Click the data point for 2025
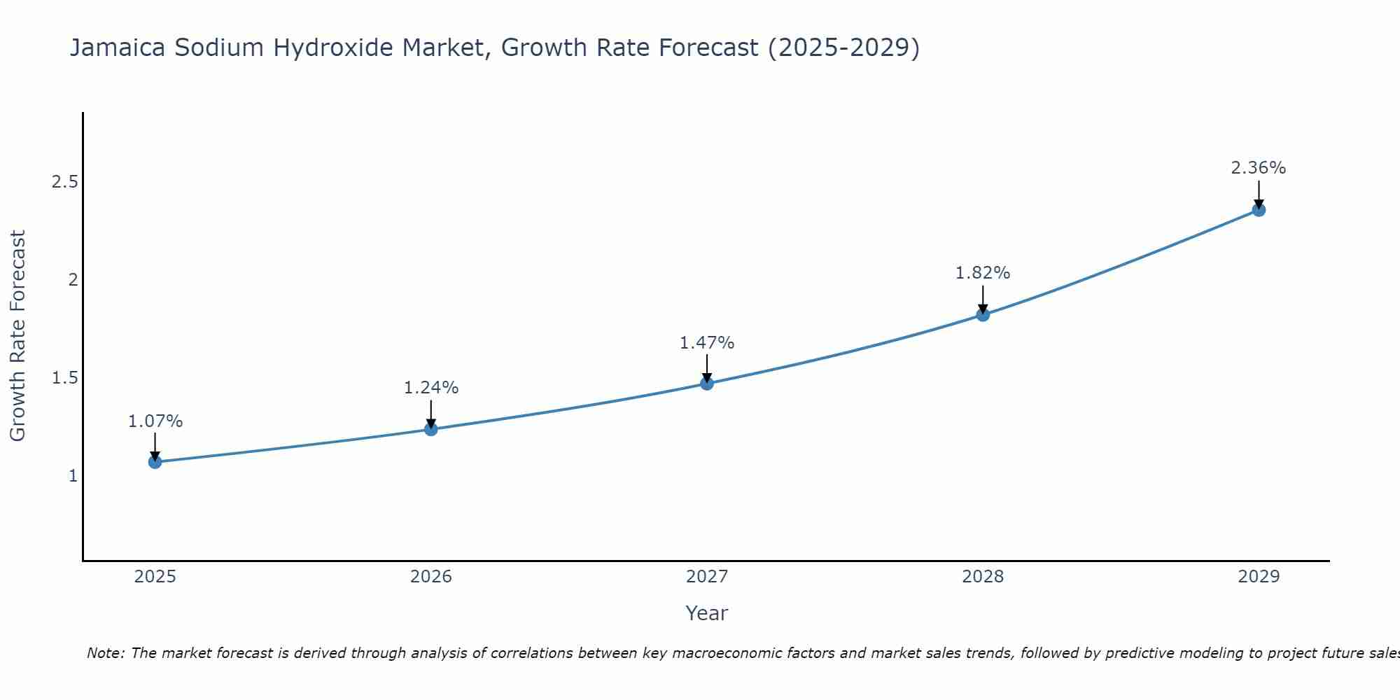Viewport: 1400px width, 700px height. click(155, 462)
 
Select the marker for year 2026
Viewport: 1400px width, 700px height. click(430, 429)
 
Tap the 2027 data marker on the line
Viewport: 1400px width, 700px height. click(706, 383)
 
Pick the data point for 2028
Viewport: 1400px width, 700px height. click(982, 314)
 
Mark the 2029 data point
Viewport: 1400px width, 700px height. click(1258, 209)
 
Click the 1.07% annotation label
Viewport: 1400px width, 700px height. click(155, 421)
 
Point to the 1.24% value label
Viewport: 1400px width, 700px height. click(430, 388)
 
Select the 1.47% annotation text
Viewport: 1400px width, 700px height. click(706, 343)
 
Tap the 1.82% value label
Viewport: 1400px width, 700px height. click(982, 273)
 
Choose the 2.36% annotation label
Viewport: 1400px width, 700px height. click(1258, 168)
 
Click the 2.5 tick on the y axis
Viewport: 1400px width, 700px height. click(64, 182)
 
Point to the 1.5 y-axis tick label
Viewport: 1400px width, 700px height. click(64, 378)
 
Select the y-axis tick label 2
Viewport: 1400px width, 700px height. click(72, 280)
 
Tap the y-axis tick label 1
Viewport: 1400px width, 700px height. click(72, 476)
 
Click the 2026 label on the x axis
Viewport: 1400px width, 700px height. click(430, 577)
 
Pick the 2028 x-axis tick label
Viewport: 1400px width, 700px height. click(982, 577)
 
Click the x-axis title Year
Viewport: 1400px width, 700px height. click(706, 613)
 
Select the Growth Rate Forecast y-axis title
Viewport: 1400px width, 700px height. click(18, 336)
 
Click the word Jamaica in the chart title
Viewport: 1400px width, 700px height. click(117, 48)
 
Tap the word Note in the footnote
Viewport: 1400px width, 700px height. click(104, 653)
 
